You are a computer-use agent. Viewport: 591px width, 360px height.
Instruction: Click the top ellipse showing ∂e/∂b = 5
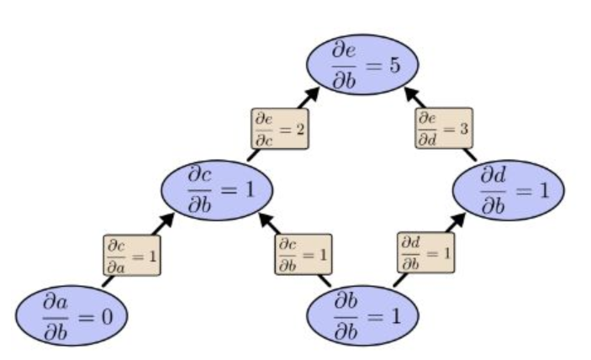click(x=361, y=64)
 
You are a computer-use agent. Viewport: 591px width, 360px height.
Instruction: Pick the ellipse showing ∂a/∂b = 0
click(x=72, y=316)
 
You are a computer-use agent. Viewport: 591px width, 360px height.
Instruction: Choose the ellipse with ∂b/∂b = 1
click(x=361, y=315)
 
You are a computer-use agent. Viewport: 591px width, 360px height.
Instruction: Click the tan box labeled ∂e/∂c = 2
click(x=279, y=129)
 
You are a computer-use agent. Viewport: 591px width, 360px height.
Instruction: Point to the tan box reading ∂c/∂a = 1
click(x=131, y=254)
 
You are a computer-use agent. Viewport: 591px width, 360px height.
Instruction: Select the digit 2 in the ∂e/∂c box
click(x=299, y=129)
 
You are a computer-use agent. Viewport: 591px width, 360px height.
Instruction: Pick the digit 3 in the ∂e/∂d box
click(x=464, y=129)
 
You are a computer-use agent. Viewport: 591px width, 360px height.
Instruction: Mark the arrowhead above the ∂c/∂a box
click(x=169, y=219)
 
